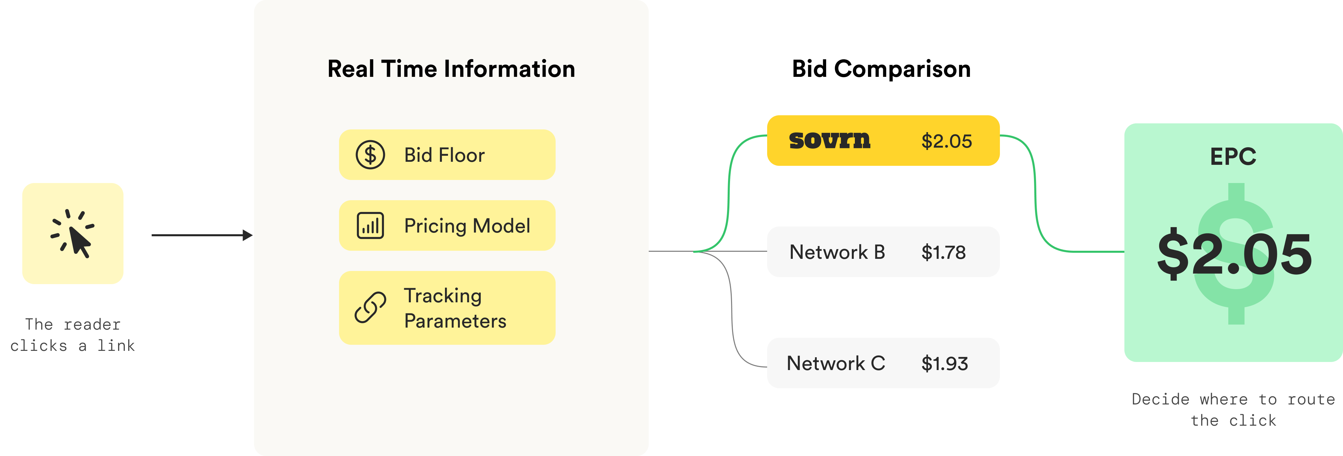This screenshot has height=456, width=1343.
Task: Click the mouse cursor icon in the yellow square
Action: pyautogui.click(x=73, y=234)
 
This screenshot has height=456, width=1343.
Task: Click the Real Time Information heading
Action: pyautogui.click(x=451, y=69)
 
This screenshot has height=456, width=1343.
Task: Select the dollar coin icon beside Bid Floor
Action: pyautogui.click(x=370, y=155)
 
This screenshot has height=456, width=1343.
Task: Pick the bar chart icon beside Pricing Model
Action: pyautogui.click(x=370, y=226)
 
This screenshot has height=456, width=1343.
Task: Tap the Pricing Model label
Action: pyautogui.click(x=467, y=226)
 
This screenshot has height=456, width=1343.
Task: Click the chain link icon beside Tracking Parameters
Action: pyautogui.click(x=370, y=307)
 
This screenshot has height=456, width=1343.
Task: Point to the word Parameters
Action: pyautogui.click(x=455, y=321)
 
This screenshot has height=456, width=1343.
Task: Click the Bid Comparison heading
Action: pyautogui.click(x=881, y=69)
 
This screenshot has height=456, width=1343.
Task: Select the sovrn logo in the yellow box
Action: pyautogui.click(x=830, y=141)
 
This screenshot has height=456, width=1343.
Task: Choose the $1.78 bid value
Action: pyautogui.click(x=943, y=252)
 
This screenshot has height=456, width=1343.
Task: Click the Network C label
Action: pyautogui.click(x=836, y=363)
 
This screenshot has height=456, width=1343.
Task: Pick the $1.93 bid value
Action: pyautogui.click(x=944, y=364)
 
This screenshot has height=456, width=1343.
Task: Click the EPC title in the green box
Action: pyautogui.click(x=1233, y=156)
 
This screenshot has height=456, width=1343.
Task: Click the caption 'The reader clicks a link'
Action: pyautogui.click(x=73, y=335)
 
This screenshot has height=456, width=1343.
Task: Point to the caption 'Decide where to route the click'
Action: pyautogui.click(x=1233, y=409)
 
